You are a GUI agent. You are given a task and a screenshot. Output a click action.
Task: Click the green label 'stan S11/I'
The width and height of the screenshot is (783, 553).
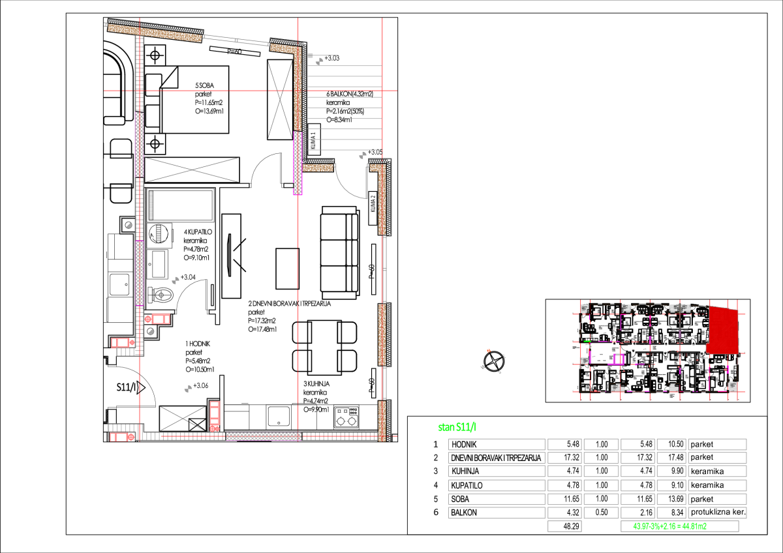click(x=457, y=427)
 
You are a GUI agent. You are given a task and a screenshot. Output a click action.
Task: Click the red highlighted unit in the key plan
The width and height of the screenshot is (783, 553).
click(x=723, y=331)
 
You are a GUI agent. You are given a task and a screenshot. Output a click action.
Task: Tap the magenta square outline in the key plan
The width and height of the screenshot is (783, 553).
click(x=619, y=359)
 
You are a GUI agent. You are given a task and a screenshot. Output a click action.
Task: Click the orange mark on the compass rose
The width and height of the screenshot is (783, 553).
click(x=488, y=351)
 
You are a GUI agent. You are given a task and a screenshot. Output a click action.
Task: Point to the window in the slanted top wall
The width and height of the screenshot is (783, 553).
click(x=236, y=40)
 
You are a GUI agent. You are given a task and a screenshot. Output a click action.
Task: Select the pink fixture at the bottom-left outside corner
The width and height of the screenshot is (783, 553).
click(x=121, y=437)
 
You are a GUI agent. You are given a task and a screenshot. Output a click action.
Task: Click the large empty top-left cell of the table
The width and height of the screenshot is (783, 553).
click(x=497, y=444)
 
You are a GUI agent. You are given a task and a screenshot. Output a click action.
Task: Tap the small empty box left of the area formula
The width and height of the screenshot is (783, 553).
click(x=564, y=526)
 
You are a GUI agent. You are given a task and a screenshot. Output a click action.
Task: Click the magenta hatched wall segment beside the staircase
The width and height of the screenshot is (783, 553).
click(x=298, y=163)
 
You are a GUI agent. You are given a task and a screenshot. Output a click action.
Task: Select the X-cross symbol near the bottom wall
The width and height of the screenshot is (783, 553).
click(x=183, y=417)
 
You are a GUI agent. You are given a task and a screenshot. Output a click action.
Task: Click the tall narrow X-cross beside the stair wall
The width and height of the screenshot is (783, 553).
click(x=280, y=100)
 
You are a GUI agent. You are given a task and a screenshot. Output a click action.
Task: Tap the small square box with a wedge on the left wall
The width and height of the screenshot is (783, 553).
click(x=128, y=225)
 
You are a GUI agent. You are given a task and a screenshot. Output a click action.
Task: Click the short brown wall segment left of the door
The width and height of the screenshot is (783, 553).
click(x=318, y=168)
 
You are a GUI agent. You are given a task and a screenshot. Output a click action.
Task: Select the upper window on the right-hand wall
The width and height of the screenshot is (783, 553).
click(x=384, y=269)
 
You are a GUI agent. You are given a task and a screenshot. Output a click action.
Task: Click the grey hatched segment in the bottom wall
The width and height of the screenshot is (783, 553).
click(x=261, y=436)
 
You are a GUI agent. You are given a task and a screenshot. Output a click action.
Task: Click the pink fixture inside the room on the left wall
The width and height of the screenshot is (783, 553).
click(x=160, y=319)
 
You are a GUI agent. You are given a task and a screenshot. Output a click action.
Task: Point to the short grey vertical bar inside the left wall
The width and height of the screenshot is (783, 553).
click(x=151, y=205)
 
